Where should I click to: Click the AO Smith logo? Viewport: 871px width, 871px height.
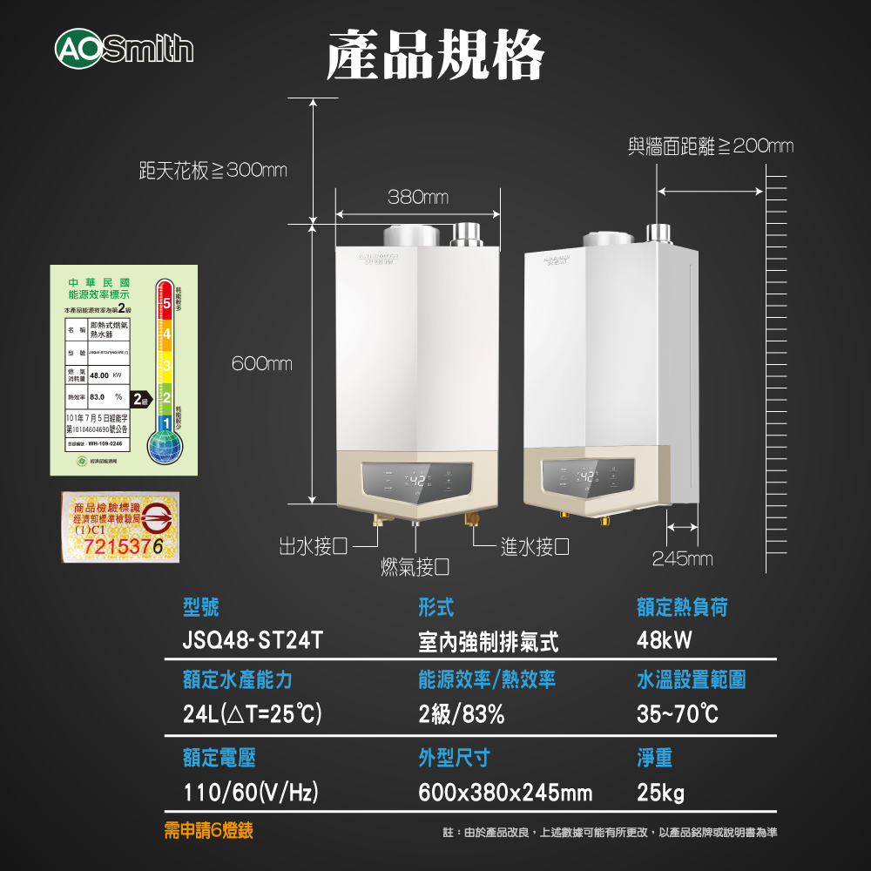coord(123,48)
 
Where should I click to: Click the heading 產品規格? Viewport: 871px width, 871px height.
coord(435,54)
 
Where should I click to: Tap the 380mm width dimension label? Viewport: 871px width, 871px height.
coord(418,198)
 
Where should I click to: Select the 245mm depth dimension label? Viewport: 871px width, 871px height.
coord(682,558)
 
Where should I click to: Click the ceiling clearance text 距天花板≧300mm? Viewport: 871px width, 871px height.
coord(213,171)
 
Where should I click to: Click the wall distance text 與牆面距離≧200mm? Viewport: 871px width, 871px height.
coord(711,146)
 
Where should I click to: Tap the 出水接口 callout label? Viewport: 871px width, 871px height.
coord(313,547)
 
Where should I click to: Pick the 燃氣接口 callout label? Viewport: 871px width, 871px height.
coord(415,568)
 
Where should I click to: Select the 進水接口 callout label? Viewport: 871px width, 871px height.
coord(536,547)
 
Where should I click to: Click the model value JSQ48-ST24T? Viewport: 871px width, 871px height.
coord(253,641)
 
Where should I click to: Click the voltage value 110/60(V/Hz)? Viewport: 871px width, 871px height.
coord(250,793)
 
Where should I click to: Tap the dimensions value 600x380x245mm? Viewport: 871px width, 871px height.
coord(505,793)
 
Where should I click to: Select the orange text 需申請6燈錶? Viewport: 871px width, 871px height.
coord(209,831)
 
